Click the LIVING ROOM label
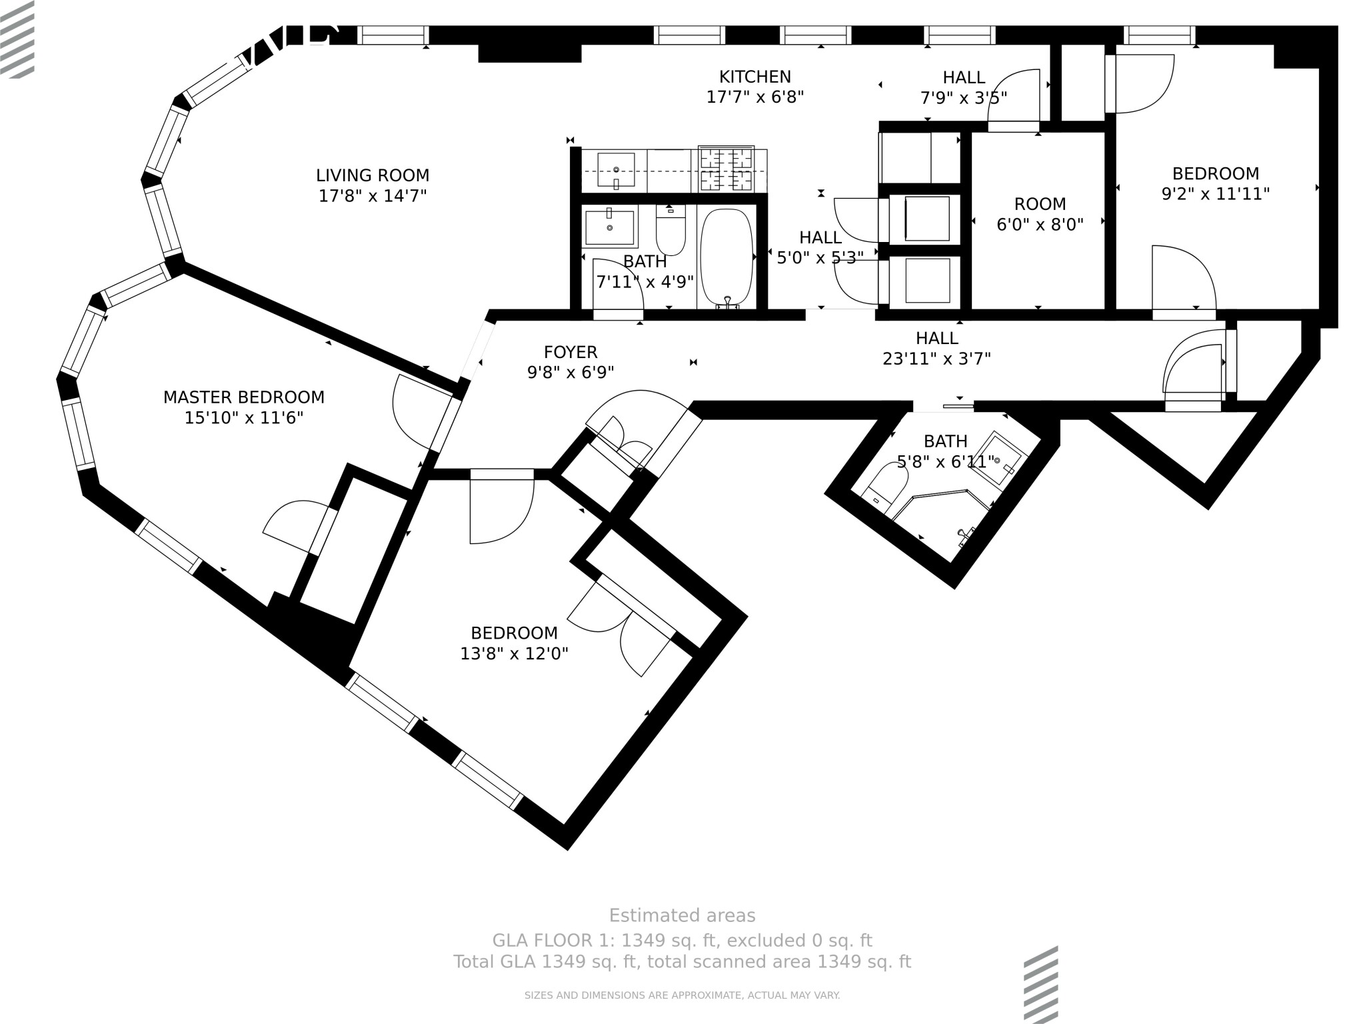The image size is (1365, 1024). pyautogui.click(x=373, y=175)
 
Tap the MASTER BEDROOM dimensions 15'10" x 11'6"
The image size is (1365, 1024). pyautogui.click(x=244, y=418)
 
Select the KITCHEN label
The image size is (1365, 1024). pyautogui.click(x=754, y=77)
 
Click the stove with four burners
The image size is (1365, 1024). pyautogui.click(x=726, y=168)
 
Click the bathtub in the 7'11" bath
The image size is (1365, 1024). pyautogui.click(x=726, y=257)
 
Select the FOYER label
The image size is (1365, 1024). pyautogui.click(x=571, y=352)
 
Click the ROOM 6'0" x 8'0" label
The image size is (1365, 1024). pyautogui.click(x=1040, y=204)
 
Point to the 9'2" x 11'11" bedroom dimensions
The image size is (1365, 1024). pyautogui.click(x=1215, y=194)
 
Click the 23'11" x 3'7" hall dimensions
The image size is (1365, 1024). pyautogui.click(x=936, y=359)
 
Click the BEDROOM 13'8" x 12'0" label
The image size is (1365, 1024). pyautogui.click(x=514, y=633)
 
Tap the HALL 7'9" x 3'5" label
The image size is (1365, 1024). pyautogui.click(x=964, y=77)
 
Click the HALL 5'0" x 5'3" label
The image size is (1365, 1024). pyautogui.click(x=820, y=237)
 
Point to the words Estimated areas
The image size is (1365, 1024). pyautogui.click(x=682, y=915)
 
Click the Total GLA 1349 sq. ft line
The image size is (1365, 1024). pyautogui.click(x=682, y=962)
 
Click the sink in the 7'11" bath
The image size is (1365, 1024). pyautogui.click(x=610, y=227)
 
